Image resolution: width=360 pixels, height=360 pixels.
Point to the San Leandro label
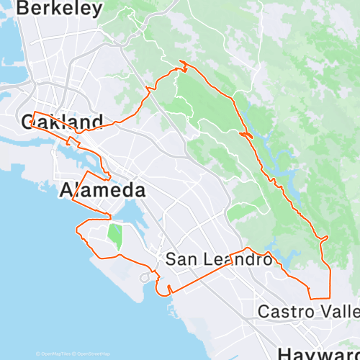coord(208,259)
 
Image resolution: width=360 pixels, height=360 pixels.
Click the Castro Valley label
coord(308,312)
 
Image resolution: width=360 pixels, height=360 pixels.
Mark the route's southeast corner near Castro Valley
coord(329,297)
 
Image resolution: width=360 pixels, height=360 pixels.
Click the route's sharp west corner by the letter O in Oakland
coord(33,113)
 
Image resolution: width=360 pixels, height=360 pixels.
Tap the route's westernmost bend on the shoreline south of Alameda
coord(76,230)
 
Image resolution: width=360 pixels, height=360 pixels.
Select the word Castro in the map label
coord(284,312)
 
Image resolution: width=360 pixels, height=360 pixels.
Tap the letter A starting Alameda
coord(66,191)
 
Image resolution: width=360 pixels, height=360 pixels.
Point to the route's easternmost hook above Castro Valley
coord(327,237)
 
